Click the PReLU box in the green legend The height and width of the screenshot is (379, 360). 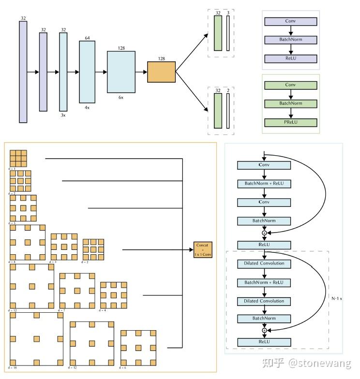click(x=290, y=122)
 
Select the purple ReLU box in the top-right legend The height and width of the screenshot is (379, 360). click(x=290, y=59)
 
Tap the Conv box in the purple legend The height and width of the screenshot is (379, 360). click(x=290, y=21)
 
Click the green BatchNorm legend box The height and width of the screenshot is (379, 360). click(x=290, y=103)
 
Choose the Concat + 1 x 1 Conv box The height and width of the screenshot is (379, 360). click(x=203, y=249)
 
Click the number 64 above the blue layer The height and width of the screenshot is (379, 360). click(x=87, y=38)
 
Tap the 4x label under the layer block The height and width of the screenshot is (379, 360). click(x=87, y=107)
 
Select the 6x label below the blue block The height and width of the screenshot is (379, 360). click(x=121, y=97)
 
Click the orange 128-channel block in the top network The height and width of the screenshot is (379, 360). click(x=162, y=72)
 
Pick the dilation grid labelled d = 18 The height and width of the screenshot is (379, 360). click(x=36, y=339)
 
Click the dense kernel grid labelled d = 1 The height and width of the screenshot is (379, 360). click(x=18, y=158)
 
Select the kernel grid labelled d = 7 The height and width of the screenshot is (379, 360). click(x=76, y=290)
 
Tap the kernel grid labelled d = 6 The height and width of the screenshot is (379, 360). click(x=138, y=348)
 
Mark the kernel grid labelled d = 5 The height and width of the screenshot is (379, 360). click(x=24, y=208)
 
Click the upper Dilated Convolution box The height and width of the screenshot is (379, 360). click(x=264, y=264)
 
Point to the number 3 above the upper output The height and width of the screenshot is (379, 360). click(x=228, y=14)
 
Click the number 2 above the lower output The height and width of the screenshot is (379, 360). click(x=228, y=90)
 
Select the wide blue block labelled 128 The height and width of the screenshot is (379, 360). click(x=121, y=72)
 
